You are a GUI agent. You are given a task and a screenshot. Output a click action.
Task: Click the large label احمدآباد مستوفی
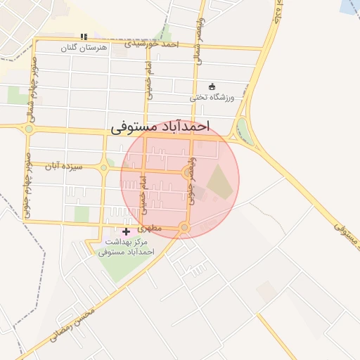tap(160, 127)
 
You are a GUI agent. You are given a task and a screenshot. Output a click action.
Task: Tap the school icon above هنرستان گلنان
tap(84, 37)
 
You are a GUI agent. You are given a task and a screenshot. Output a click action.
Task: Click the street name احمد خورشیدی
tap(152, 44)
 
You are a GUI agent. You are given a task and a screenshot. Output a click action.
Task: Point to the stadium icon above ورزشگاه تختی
tap(212, 86)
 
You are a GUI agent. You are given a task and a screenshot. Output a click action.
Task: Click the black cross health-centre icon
tap(127, 231)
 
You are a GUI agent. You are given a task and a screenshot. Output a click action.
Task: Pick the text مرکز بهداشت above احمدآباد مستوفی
tap(127, 242)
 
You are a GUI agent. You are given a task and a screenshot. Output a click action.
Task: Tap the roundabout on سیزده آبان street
tap(104, 167)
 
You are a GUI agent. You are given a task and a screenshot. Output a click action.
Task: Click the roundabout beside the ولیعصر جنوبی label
tap(188, 172)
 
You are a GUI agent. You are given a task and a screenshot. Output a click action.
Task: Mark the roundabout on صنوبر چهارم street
tap(29, 129)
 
